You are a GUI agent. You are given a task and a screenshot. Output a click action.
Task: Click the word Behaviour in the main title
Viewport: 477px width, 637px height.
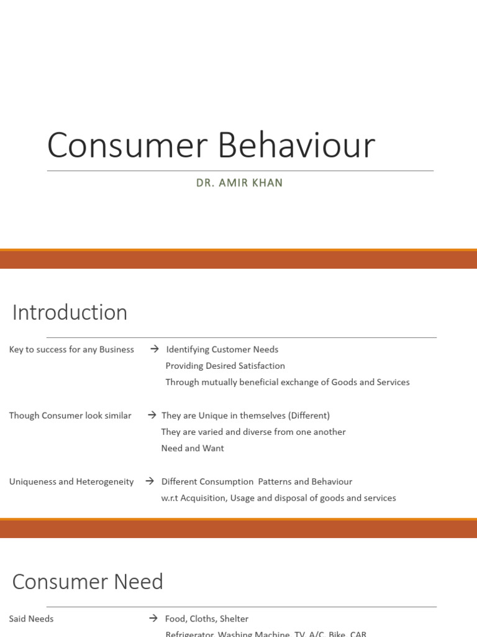[x=296, y=146]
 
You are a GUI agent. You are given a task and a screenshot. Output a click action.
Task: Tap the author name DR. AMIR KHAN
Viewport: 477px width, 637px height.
[x=239, y=183]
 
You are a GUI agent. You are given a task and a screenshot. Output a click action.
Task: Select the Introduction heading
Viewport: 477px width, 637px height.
[x=70, y=312]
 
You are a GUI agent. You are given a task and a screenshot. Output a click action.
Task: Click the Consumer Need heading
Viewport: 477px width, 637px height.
[x=88, y=582]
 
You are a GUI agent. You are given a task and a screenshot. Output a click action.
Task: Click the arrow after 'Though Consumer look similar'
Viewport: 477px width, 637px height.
[x=152, y=415]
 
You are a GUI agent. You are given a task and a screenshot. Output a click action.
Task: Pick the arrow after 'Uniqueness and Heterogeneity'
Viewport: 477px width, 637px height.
[x=150, y=481]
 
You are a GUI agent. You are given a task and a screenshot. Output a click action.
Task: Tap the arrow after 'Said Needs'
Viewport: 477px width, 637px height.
[x=153, y=618]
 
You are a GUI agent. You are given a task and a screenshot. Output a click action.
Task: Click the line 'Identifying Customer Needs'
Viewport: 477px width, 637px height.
[x=222, y=350]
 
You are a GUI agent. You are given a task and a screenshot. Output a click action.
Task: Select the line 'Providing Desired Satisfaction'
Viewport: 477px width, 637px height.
[x=225, y=366]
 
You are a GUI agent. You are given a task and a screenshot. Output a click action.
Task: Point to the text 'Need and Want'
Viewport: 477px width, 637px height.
[x=193, y=448]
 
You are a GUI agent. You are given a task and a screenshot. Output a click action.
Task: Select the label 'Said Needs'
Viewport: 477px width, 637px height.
[x=31, y=619]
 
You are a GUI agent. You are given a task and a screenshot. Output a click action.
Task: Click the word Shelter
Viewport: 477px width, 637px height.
[x=234, y=619]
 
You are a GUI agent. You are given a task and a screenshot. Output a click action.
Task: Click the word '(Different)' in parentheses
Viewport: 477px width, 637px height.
[x=309, y=416]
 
